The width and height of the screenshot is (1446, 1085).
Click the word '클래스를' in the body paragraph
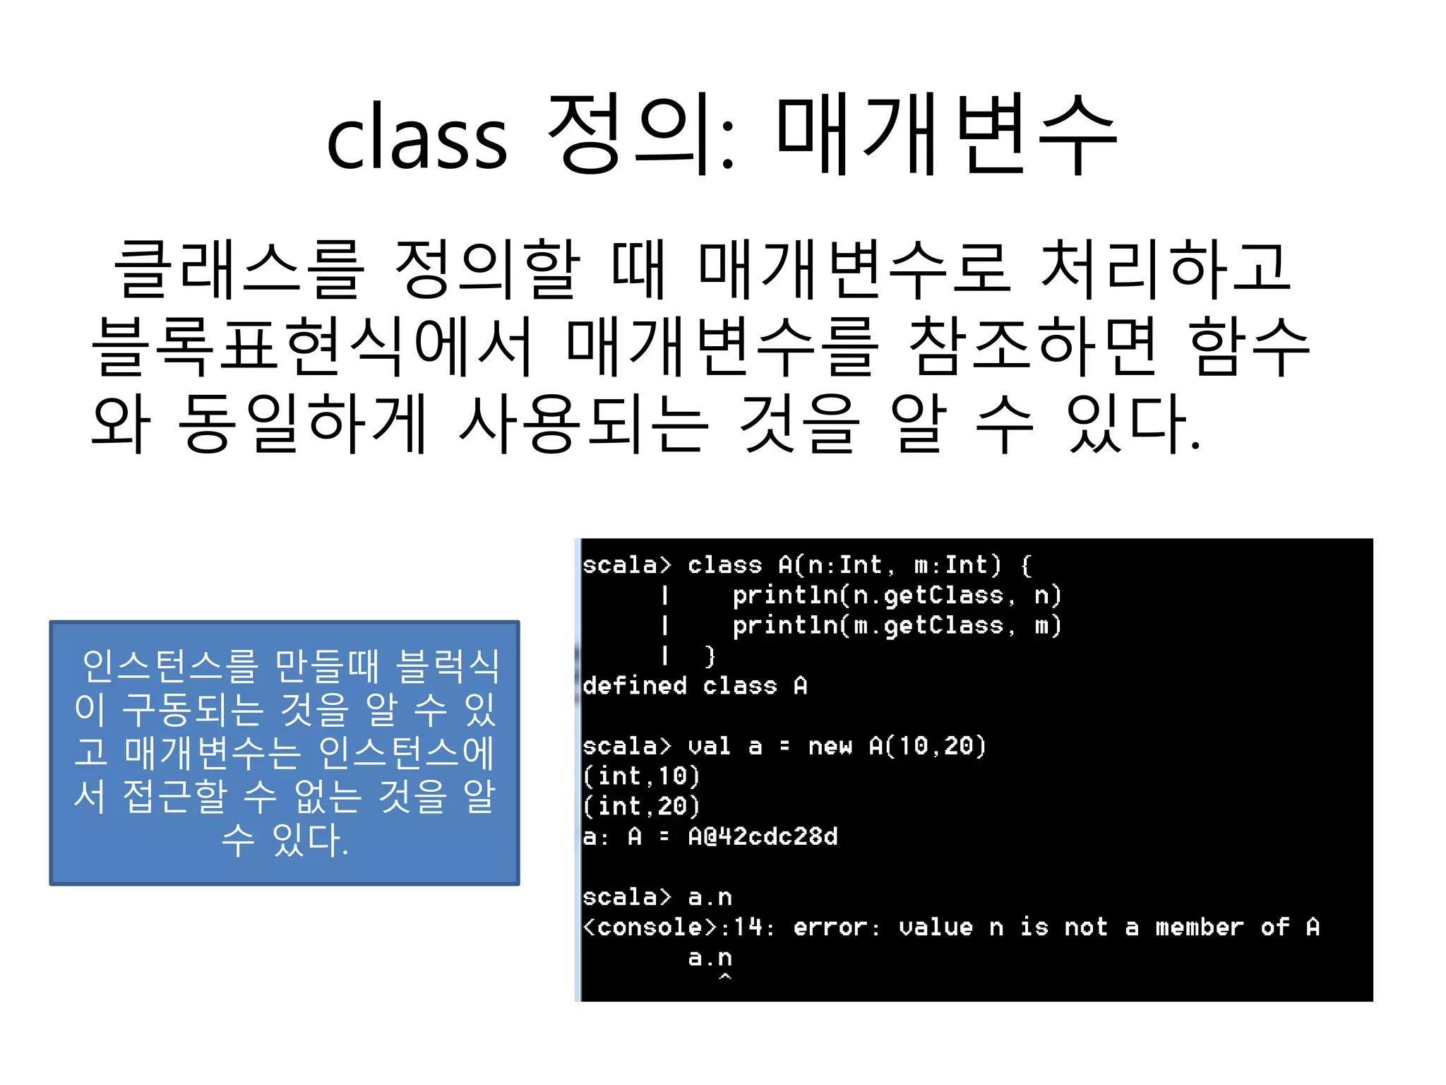(239, 270)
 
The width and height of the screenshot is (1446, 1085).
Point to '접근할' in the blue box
(175, 796)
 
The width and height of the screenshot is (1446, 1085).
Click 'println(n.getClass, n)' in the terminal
(897, 595)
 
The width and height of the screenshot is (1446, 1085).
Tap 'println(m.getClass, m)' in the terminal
(897, 626)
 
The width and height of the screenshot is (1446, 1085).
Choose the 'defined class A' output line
(695, 686)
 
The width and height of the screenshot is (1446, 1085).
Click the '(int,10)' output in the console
(641, 776)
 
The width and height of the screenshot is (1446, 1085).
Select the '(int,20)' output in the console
(641, 807)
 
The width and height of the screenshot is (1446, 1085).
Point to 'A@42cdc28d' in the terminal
(763, 837)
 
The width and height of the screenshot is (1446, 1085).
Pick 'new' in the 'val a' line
(830, 747)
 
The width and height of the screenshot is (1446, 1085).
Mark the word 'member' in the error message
(1199, 927)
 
